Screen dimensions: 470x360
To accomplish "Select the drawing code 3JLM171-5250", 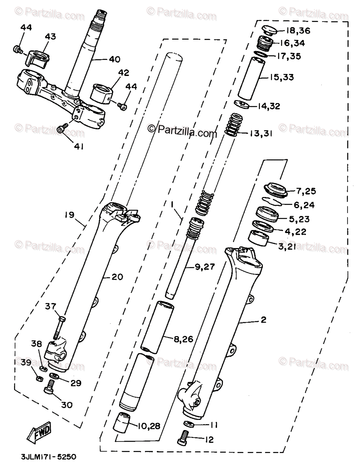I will [x=48, y=457].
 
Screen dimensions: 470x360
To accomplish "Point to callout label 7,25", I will [x=306, y=192].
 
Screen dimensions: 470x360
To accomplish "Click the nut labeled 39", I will [x=39, y=379].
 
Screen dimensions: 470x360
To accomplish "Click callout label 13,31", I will [x=261, y=134].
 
